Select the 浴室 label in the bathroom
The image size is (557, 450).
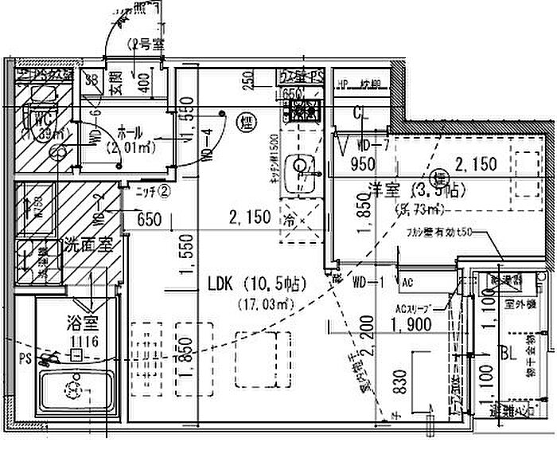tap(81, 323)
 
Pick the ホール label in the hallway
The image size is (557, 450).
tap(131, 131)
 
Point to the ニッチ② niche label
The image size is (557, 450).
tap(151, 191)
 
